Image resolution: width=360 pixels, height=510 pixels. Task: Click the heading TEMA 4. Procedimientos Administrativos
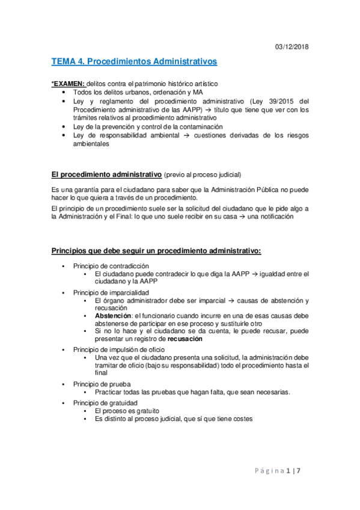point(134,61)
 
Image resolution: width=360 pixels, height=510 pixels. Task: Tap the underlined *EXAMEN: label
point(69,82)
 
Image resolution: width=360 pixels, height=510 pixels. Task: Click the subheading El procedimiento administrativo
point(106,174)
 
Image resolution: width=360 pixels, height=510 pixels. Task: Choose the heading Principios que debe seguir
point(156,250)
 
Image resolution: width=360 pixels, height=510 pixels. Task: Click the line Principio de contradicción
point(111,266)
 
